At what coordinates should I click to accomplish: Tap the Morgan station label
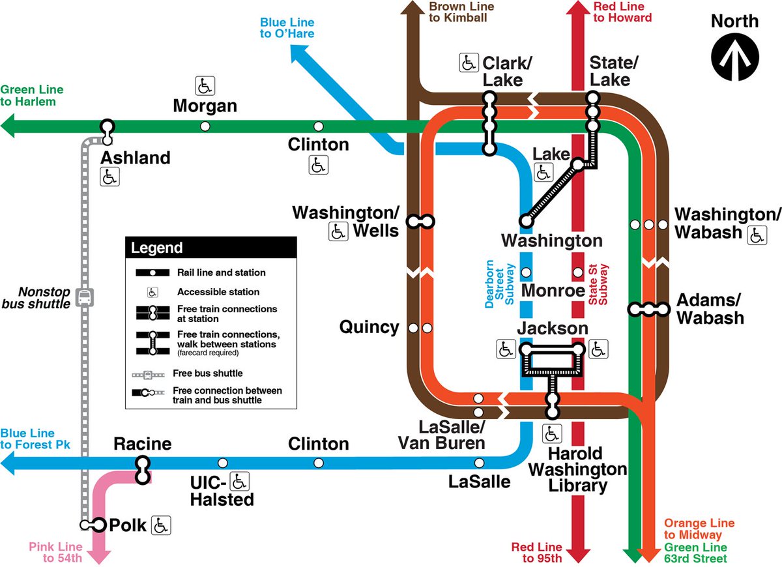point(205,106)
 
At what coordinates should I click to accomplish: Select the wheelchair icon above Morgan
point(205,85)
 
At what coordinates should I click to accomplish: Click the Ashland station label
point(136,158)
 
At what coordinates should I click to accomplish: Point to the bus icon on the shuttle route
point(85,298)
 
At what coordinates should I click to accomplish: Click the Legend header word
point(157,248)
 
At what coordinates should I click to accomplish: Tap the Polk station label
point(128,525)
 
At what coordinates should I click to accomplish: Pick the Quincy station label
point(369,327)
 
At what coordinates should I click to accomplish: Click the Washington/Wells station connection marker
point(420,222)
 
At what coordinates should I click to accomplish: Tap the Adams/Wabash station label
point(710,309)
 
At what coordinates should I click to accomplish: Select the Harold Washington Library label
point(577,469)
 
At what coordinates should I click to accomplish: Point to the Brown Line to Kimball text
point(458,12)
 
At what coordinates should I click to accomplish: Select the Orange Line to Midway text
point(699,529)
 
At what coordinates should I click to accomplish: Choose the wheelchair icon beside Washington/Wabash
point(757,235)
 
